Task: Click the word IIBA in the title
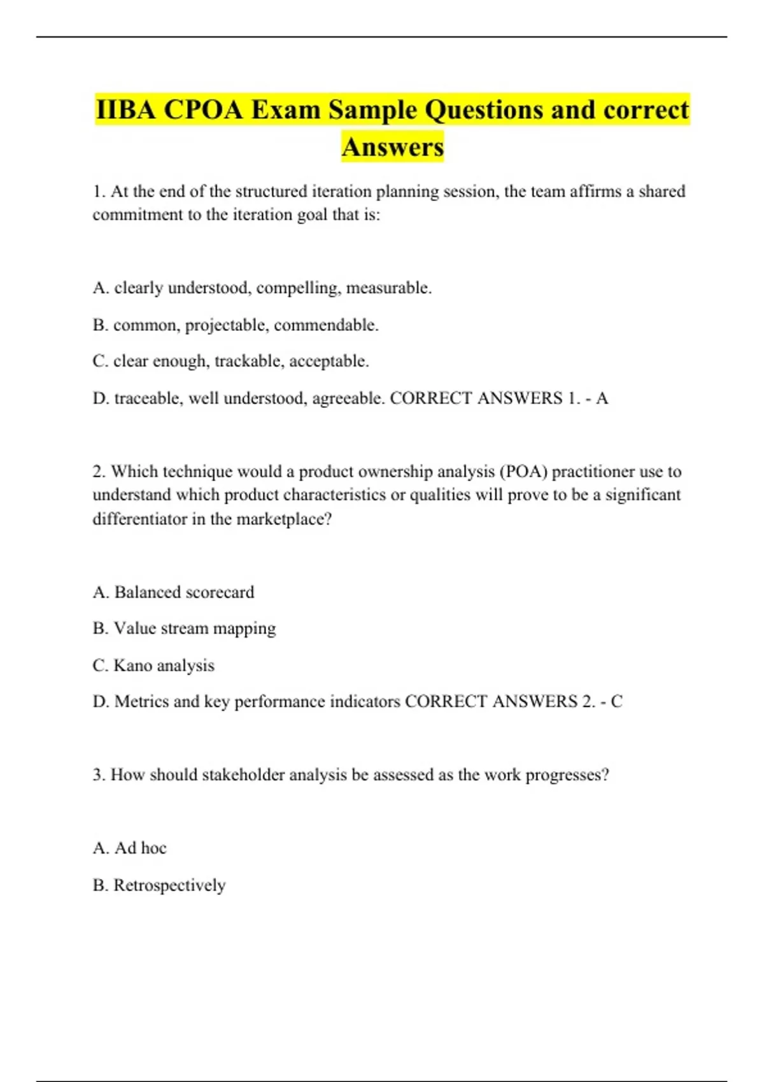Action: point(125,109)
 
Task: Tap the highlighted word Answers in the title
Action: point(392,146)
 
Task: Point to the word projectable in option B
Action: point(226,325)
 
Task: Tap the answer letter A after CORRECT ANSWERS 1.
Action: point(602,398)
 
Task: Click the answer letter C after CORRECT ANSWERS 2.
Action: point(616,701)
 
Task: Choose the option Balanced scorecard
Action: point(173,593)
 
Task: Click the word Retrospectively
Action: point(169,885)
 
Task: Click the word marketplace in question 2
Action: point(284,519)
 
